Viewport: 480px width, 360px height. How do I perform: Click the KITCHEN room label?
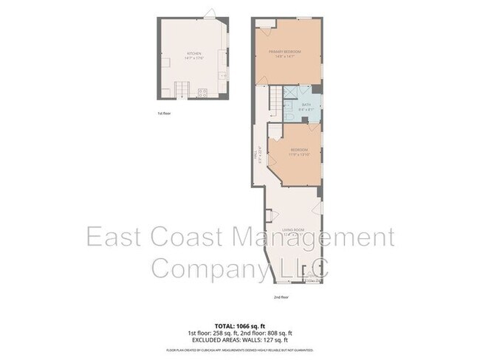point(194,53)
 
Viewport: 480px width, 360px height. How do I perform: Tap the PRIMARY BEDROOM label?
point(289,51)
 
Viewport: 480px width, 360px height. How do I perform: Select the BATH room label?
point(306,105)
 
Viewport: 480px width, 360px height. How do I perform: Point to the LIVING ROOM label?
point(294,230)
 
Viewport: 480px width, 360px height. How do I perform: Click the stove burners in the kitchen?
point(202,92)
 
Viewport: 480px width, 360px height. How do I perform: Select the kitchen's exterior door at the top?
point(210,15)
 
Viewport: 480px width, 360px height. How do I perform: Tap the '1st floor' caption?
point(164,114)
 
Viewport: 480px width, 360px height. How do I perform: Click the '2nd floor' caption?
point(281,297)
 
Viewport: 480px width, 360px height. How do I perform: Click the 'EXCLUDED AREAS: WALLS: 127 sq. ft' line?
point(239,339)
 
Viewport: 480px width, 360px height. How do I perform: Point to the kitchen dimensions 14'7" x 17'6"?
point(194,58)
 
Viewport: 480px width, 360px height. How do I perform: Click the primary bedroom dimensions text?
point(289,56)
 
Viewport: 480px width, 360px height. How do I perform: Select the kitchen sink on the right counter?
point(223,75)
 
